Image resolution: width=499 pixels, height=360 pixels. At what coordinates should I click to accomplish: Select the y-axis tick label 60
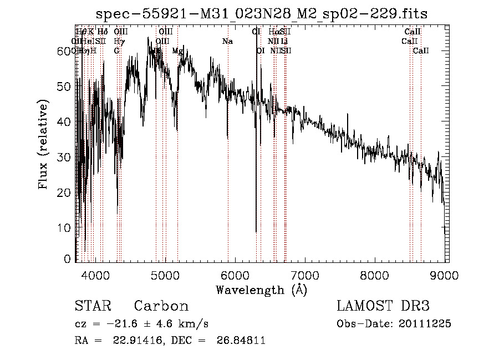64,51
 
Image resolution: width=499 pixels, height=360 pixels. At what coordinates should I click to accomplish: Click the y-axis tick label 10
64,228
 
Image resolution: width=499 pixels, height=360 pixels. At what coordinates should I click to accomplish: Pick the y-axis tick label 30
64,157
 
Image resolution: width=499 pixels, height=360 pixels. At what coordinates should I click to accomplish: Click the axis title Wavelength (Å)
261,290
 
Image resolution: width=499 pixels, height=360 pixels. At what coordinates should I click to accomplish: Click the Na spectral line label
227,42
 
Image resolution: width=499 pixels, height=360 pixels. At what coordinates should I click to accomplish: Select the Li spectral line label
284,42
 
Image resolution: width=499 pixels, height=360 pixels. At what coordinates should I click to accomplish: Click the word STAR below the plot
93,306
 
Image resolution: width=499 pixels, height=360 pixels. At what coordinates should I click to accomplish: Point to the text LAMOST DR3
383,306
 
